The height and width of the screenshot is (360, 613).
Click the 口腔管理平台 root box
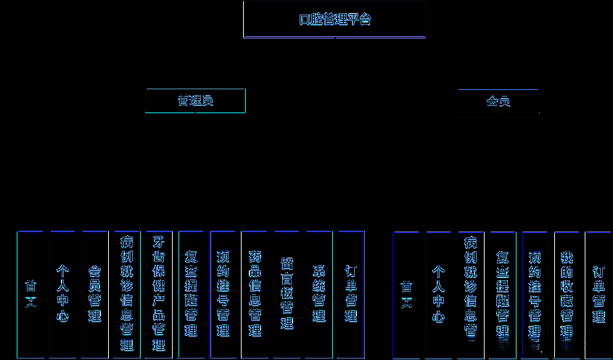click(334, 20)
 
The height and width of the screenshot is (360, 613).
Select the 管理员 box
click(195, 101)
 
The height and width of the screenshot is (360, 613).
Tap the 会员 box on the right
click(498, 101)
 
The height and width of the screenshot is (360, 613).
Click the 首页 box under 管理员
click(30, 294)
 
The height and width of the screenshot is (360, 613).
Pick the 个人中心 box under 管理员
click(63, 294)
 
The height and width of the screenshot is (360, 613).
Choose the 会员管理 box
click(94, 294)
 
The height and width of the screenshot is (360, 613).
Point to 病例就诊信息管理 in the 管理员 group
click(127, 294)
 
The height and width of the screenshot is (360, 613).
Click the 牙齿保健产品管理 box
click(159, 294)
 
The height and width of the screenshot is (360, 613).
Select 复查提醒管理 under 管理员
click(191, 294)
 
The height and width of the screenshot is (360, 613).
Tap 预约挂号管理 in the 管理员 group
click(223, 294)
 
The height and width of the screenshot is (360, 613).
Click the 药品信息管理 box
click(255, 294)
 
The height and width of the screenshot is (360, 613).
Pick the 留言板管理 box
click(287, 294)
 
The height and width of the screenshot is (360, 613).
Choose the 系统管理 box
click(319, 294)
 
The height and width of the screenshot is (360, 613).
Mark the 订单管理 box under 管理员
click(351, 294)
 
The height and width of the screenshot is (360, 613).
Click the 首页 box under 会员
click(406, 294)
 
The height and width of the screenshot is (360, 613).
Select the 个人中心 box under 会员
click(438, 294)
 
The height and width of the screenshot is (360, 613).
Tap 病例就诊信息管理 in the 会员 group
click(470, 294)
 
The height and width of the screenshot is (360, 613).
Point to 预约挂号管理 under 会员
click(535, 294)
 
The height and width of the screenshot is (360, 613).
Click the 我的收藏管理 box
click(567, 294)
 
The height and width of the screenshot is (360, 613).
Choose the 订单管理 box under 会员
click(598, 294)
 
